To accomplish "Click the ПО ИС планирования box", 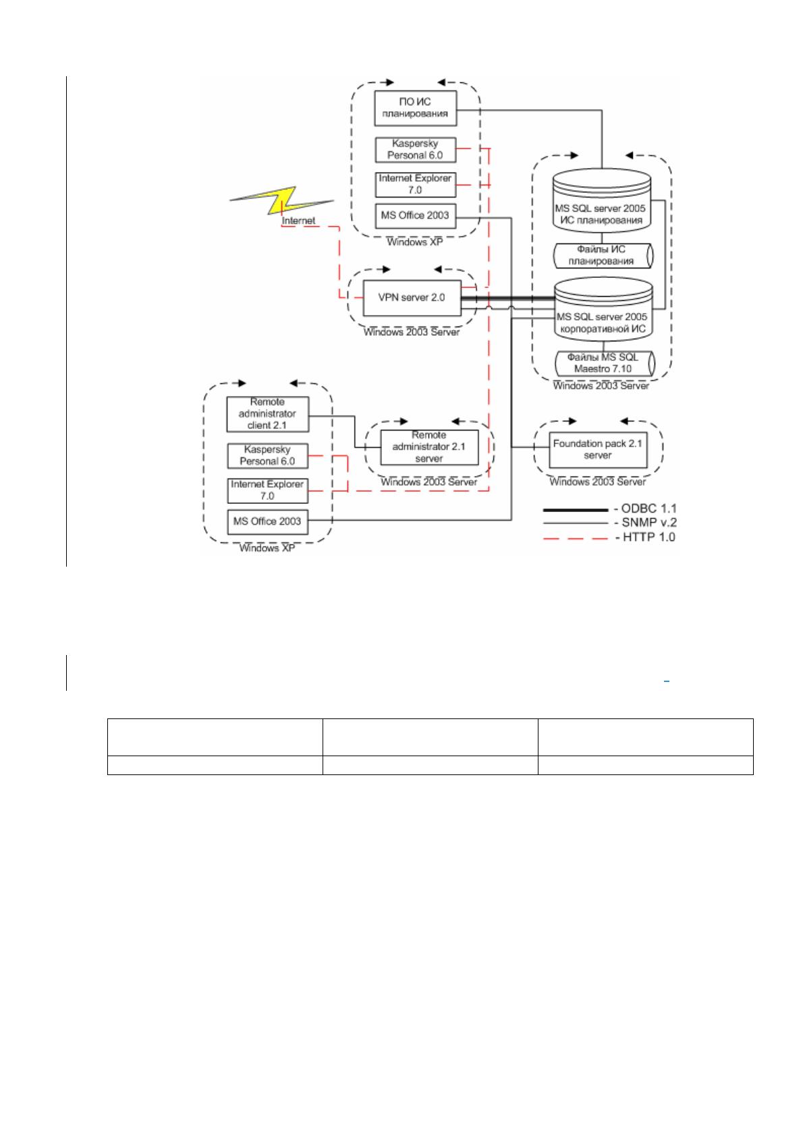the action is click(x=415, y=108).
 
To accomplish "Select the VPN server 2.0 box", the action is click(x=412, y=297).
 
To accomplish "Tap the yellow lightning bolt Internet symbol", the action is click(x=281, y=200).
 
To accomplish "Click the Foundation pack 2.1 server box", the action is click(x=598, y=449).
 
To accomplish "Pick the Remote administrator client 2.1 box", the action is click(x=267, y=414).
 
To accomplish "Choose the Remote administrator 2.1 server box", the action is click(x=429, y=447).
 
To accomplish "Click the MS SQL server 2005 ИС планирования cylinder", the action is click(x=601, y=201).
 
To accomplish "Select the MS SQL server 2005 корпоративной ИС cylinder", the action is click(x=603, y=309).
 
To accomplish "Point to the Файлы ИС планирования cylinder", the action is click(x=602, y=256).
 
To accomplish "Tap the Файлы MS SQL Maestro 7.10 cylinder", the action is click(x=605, y=363).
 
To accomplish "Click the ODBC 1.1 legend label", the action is click(x=645, y=508).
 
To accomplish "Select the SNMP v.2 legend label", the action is click(x=645, y=522).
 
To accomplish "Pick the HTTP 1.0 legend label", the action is click(x=645, y=537).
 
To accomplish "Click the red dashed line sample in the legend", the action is click(x=575, y=538).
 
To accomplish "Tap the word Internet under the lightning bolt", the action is click(x=298, y=221).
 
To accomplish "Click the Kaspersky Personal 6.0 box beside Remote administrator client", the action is click(x=267, y=455).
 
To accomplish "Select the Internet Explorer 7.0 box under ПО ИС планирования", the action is click(x=415, y=185).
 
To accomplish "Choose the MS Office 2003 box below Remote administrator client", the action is click(x=267, y=522).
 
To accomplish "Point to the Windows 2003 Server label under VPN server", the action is click(x=412, y=332).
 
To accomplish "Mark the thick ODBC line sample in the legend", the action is click(x=575, y=510).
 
